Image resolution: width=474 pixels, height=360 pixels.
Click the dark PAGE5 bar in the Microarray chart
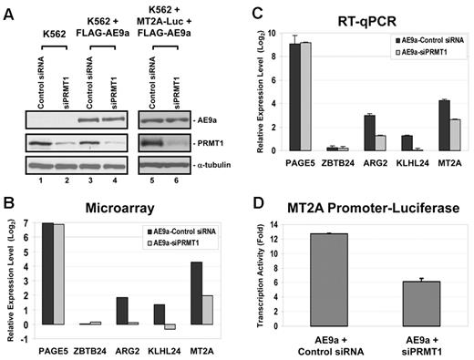[x=48, y=273]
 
